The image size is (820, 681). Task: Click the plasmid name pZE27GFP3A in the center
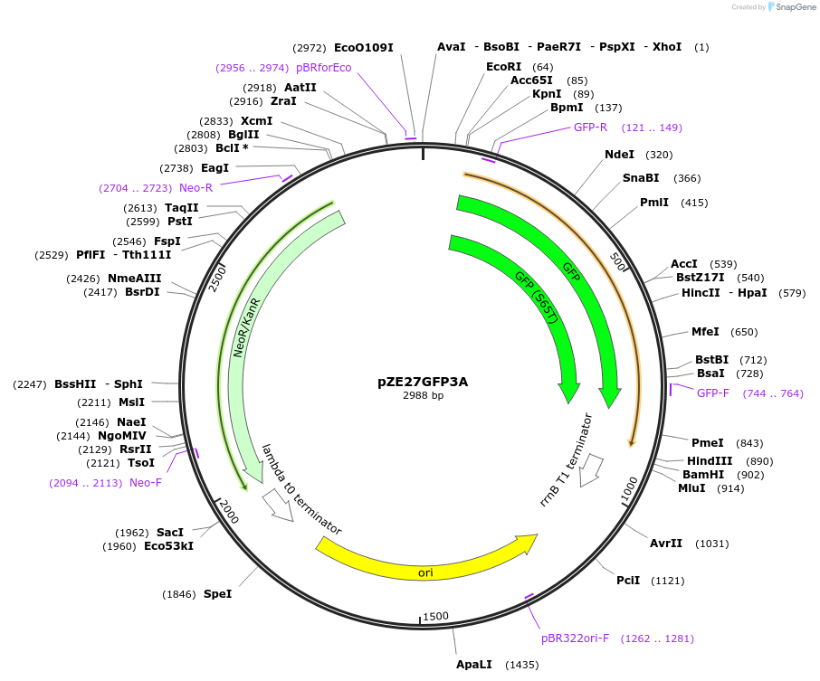423,382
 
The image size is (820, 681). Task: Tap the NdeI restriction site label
619,155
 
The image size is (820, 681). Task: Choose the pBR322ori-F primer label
575,638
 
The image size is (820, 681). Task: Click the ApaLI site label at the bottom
473,665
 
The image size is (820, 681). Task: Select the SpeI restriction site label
217,594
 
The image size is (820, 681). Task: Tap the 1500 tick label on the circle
435,617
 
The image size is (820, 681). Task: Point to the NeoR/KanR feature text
247,327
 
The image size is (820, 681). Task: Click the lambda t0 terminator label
301,488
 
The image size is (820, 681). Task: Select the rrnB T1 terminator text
566,459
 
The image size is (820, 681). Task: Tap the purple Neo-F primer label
145,483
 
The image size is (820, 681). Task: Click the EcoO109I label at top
363,47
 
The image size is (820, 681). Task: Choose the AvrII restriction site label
665,544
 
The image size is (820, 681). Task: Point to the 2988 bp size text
423,395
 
